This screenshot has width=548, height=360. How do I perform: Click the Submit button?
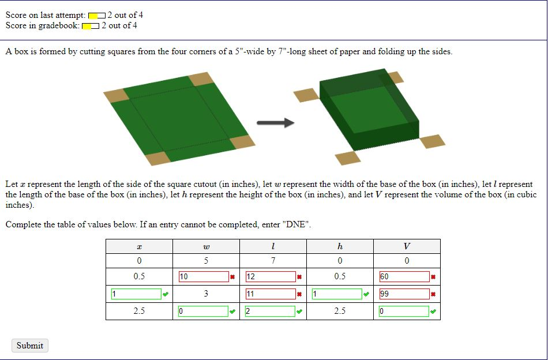[29, 346]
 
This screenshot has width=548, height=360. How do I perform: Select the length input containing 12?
[271, 277]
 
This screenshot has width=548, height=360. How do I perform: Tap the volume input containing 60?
[404, 277]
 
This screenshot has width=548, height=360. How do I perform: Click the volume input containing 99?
[404, 294]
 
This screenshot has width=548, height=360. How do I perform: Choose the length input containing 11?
[271, 294]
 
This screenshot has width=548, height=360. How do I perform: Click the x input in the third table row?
[136, 294]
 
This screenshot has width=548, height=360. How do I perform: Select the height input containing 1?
[337, 294]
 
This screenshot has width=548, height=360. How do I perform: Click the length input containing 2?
[271, 312]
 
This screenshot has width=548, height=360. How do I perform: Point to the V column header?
[407, 246]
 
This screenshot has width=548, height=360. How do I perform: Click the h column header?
[340, 246]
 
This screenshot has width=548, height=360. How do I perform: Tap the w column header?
[206, 246]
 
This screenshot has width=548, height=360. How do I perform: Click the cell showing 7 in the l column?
[273, 261]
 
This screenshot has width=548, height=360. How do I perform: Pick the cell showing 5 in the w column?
[206, 261]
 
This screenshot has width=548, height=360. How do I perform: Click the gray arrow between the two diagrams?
[275, 122]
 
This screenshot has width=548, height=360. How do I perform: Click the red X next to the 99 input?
[433, 295]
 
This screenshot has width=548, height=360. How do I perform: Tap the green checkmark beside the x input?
[166, 295]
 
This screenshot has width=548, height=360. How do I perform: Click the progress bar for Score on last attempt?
[97, 16]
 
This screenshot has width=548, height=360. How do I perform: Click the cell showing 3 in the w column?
[206, 294]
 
